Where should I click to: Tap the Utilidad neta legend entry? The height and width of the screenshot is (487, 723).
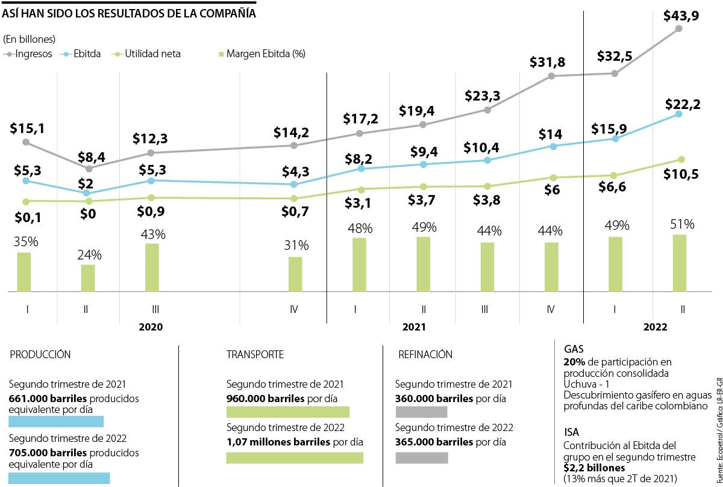[x=152, y=54]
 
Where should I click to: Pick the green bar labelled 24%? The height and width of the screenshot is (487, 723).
[x=88, y=278]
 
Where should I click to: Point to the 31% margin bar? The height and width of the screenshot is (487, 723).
[x=295, y=275]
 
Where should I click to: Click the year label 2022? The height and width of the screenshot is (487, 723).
[x=656, y=327]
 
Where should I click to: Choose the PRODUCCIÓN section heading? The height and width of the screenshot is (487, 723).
[x=40, y=355]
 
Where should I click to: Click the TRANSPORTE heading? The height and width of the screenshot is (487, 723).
[x=255, y=355]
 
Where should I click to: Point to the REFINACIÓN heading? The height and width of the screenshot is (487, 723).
[x=425, y=355]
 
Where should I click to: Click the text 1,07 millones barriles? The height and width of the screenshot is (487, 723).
[x=278, y=442]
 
